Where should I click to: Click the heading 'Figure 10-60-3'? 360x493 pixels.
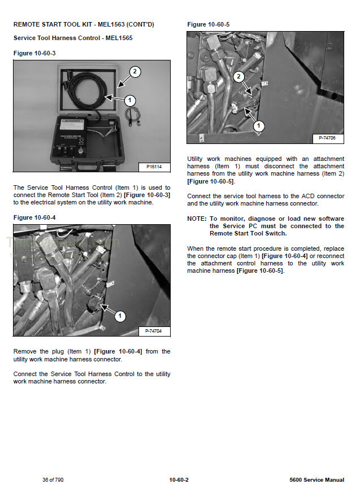coord(34,53)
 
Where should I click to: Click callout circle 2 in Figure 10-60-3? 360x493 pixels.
coord(135,72)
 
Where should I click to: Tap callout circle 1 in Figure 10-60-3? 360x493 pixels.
coord(129,101)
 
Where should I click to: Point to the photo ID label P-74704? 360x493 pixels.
coord(154,331)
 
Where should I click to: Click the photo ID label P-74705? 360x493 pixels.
coord(328,138)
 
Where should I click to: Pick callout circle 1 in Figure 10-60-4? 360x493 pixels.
coord(120,316)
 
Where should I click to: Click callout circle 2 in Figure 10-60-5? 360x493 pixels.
coord(239,76)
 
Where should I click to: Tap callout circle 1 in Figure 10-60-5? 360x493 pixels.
coord(259,125)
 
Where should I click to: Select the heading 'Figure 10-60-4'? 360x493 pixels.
coord(34,217)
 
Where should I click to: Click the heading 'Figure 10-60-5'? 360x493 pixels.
coord(208,24)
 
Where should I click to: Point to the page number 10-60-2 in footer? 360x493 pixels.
coord(179,480)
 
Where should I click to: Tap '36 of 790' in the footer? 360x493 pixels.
coord(53,480)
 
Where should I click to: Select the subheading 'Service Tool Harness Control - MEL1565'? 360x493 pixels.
coord(73,38)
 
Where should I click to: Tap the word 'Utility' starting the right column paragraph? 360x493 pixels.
coord(197,159)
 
